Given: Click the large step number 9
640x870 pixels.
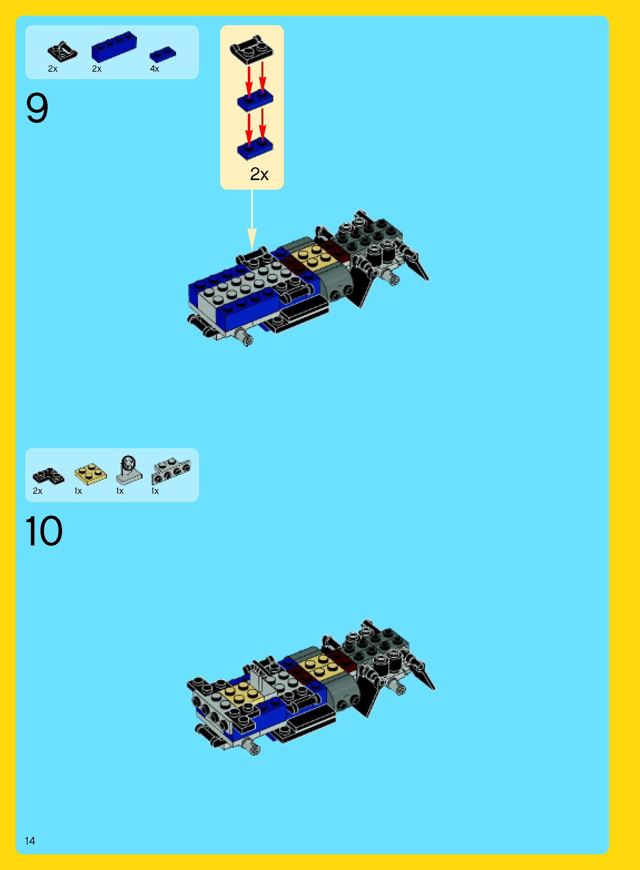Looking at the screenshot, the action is click(37, 108).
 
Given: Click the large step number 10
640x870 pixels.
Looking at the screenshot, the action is click(44, 531).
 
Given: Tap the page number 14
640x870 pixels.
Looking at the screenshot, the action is click(30, 841).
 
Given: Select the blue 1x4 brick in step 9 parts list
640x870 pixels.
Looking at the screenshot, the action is click(114, 46).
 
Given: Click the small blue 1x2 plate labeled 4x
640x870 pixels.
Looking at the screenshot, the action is click(163, 54).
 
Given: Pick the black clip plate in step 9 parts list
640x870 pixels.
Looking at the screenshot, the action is click(62, 52).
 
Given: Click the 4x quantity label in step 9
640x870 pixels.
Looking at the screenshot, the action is click(154, 69).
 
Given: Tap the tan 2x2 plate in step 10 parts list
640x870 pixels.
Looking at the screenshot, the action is click(90, 474).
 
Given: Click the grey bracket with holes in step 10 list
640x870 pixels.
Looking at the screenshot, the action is click(171, 471).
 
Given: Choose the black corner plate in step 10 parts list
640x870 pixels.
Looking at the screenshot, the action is click(48, 475).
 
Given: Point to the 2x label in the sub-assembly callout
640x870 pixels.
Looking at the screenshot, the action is click(259, 174).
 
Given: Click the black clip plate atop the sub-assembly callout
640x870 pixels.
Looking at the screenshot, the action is click(251, 49).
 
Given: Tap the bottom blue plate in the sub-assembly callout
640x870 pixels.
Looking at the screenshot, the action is click(255, 148).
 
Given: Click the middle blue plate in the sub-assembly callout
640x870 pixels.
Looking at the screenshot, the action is click(255, 100).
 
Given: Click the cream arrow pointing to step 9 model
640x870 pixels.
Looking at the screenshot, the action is click(252, 220).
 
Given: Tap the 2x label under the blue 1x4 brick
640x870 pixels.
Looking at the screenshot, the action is click(97, 69).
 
